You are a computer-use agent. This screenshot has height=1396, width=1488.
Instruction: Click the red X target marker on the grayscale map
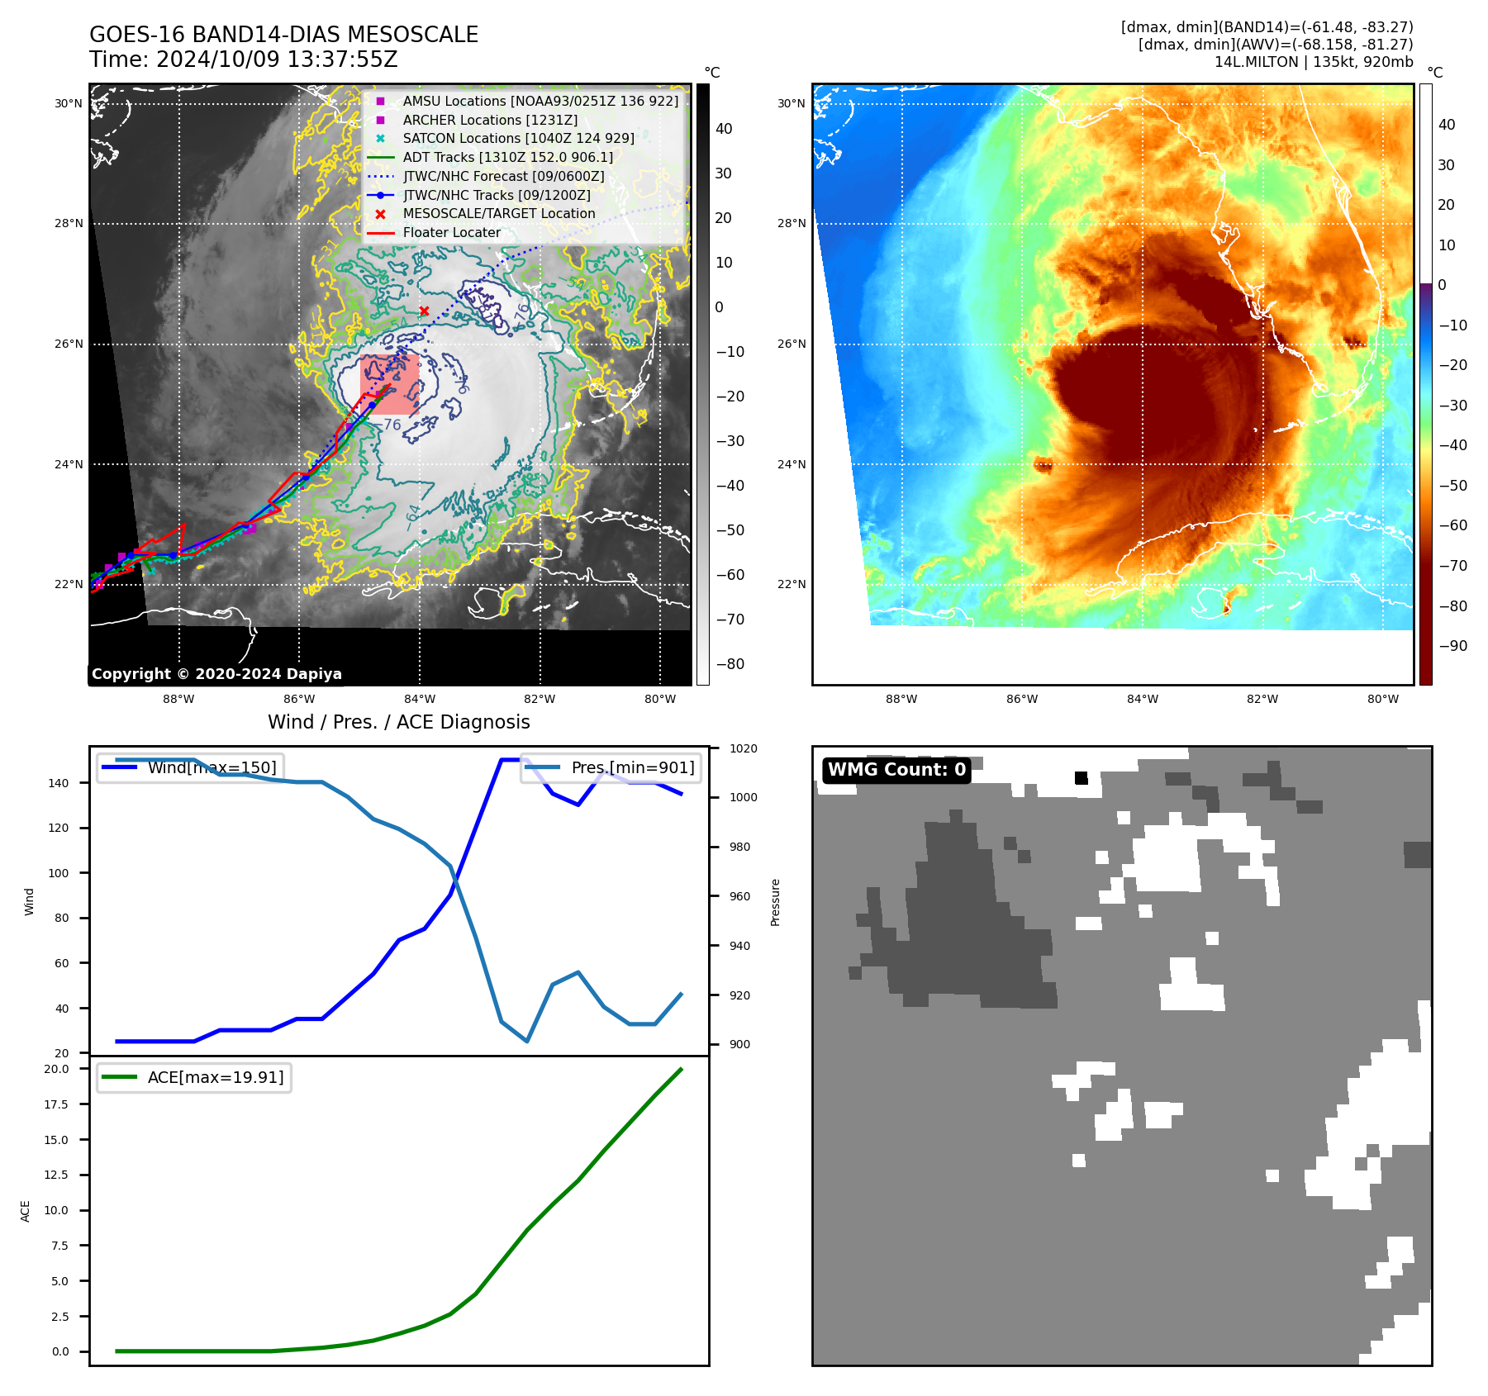(424, 311)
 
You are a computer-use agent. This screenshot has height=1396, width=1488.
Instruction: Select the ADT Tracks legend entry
(507, 157)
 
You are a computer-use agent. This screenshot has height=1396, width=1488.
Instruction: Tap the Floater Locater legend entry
(451, 233)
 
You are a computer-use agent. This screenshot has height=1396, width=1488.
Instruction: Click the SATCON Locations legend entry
(518, 139)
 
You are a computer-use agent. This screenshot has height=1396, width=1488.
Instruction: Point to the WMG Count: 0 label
(896, 770)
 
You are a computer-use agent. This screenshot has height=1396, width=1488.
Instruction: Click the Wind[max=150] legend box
(189, 767)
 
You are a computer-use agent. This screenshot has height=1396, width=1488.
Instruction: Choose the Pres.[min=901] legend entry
(611, 767)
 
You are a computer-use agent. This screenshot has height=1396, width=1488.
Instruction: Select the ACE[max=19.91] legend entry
(194, 1077)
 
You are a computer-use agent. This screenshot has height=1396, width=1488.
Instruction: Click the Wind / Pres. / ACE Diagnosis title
(398, 722)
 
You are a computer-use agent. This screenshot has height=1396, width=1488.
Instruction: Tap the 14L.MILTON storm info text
(1313, 62)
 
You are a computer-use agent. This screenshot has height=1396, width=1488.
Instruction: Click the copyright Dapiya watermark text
(216, 674)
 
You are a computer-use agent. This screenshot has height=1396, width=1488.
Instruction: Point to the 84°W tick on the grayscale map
(420, 699)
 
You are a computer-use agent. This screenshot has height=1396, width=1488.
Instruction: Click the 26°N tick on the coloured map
(791, 344)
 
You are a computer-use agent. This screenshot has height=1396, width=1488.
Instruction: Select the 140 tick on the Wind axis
(59, 783)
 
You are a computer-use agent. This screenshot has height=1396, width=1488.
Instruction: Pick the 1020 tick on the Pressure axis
(744, 748)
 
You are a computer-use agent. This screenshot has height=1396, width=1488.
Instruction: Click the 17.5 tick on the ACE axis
(56, 1104)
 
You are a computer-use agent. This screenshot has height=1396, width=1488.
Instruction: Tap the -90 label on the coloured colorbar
(1452, 646)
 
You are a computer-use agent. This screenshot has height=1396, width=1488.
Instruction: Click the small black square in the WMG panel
(1081, 777)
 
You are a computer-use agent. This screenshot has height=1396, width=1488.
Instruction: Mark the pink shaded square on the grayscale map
(389, 385)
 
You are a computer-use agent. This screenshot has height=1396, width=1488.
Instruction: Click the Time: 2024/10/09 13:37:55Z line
(244, 59)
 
